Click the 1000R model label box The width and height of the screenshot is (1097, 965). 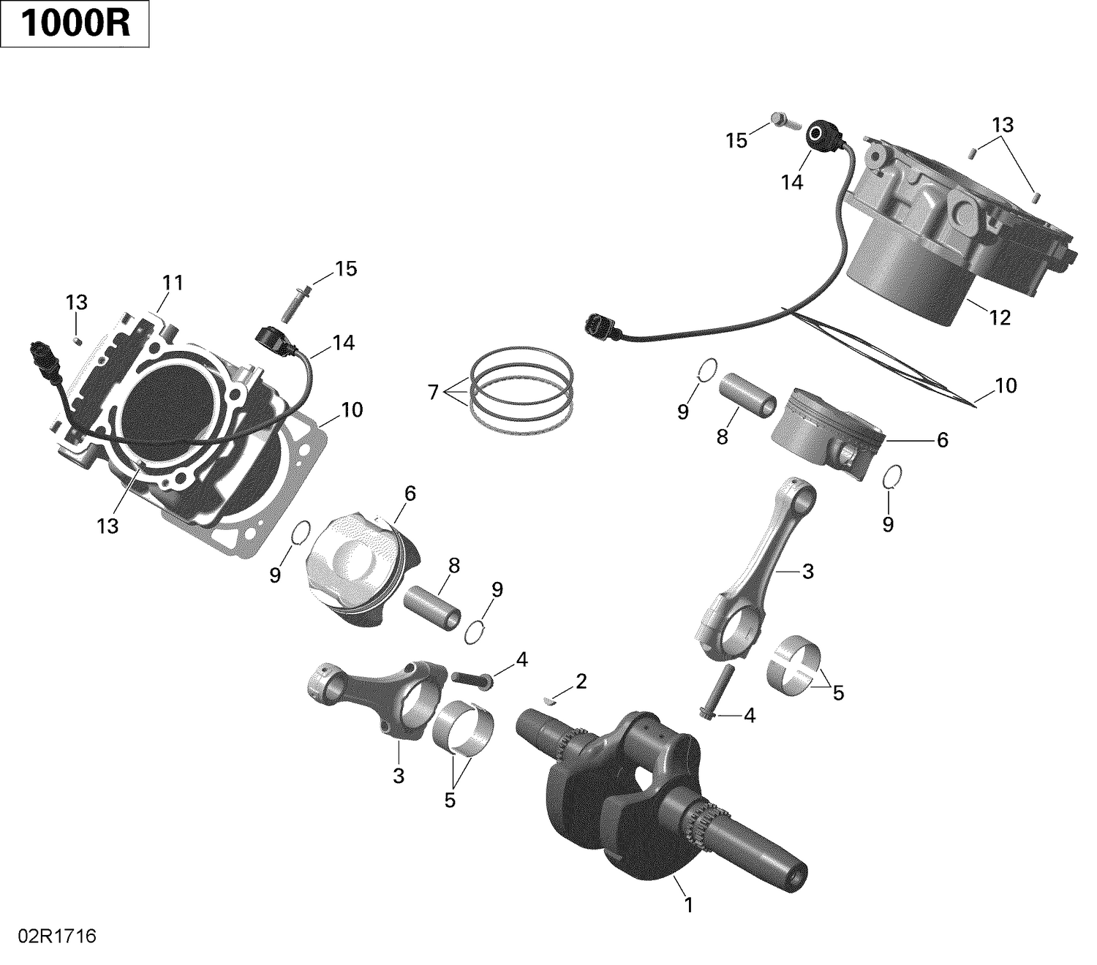75,24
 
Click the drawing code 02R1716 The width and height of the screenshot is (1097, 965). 49,936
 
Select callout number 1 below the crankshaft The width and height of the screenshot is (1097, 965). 687,905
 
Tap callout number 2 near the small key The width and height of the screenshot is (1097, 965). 581,681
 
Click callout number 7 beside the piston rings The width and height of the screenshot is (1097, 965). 433,393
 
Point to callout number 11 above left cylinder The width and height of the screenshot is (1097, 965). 173,282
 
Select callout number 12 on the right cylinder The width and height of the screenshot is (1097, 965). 999,317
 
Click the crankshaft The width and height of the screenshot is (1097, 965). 644,790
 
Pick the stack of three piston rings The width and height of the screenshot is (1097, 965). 521,387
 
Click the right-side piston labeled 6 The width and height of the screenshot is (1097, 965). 826,431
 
